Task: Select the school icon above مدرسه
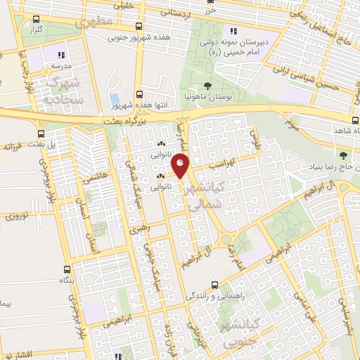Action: coord(61,54)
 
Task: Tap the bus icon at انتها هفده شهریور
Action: coord(139,94)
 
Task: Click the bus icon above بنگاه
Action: coord(67,269)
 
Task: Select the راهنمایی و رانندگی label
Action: coord(214,296)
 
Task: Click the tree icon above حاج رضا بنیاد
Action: coord(344,155)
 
